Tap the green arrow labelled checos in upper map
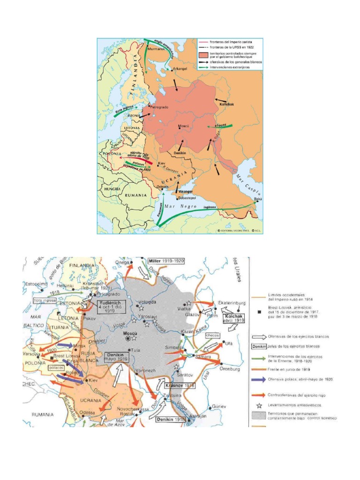[x=221, y=127]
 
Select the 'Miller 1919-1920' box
[x=165, y=261]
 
